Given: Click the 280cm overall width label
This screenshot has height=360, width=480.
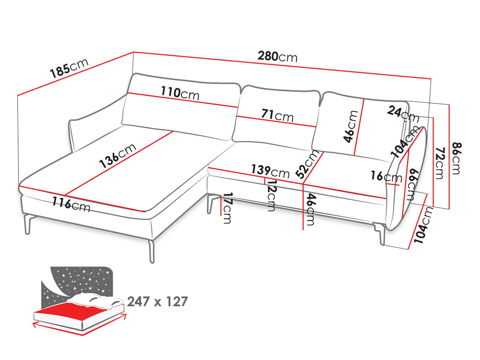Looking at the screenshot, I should pos(277,57).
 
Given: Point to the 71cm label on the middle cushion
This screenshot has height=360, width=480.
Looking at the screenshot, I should pos(277,115).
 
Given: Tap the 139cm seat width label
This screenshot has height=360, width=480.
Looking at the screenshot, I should pos(270,171).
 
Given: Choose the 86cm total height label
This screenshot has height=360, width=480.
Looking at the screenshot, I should pos(456,158).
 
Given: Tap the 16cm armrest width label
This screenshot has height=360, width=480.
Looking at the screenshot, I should pos(386,176).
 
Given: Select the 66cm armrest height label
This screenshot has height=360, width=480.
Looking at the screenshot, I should pos(412,184).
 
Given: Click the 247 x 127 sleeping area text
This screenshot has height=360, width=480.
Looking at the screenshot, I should pos(157,301).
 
